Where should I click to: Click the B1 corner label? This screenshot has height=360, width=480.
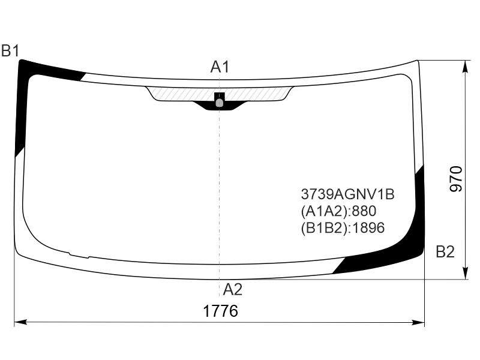coord(10,51)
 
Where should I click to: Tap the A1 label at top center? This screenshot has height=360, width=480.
coord(220,67)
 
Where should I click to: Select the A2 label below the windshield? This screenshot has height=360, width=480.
coord(232,289)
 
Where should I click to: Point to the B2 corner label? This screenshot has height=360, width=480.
coord(445,252)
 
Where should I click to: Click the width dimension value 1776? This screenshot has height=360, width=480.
coord(220,311)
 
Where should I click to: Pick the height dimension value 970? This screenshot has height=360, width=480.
coord(456,179)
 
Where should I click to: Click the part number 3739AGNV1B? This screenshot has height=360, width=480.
coord(347,194)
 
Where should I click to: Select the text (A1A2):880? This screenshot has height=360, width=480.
coord(338,211)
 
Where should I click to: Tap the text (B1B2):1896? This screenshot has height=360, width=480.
coord(343,228)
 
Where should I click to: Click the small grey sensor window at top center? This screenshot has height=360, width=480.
coord(220,103)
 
